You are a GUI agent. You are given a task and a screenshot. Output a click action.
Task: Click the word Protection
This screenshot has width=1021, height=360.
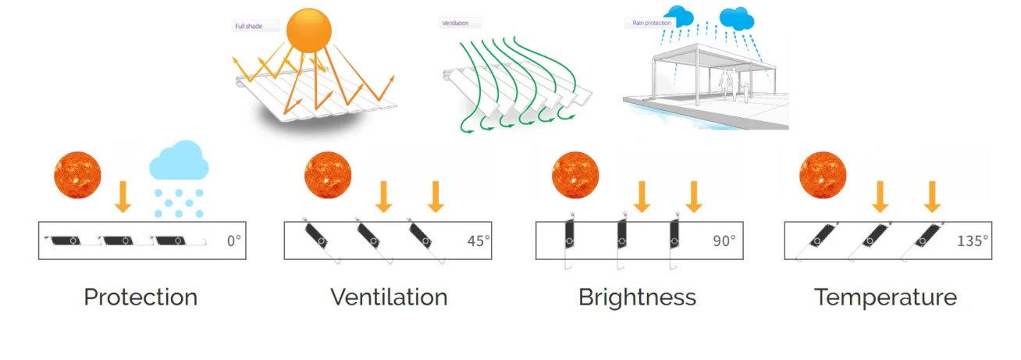pos(141,298)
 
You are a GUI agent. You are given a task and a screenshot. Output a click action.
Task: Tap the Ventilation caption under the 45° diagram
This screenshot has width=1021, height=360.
pos(389,298)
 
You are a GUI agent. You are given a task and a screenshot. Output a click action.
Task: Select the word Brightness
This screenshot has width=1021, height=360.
pos(637,298)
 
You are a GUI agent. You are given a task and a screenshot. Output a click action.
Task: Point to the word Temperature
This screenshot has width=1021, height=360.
pos(886,298)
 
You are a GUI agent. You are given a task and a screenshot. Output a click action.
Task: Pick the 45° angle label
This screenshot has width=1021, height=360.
pos(478,241)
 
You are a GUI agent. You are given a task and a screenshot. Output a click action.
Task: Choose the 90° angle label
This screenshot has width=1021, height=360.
pos(724,241)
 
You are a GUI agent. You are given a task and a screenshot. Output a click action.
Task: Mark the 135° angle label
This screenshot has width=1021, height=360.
pos(973,241)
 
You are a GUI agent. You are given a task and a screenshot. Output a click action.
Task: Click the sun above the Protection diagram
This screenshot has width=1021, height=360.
pos(78,175)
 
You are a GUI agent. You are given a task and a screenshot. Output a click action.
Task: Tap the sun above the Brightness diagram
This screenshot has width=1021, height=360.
pos(575,175)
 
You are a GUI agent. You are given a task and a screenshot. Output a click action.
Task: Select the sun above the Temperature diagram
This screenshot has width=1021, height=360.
pos(823,175)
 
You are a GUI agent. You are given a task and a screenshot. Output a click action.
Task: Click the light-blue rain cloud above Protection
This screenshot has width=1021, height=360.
pos(179,162)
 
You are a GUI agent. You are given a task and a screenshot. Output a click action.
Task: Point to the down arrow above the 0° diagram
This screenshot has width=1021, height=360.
pos(123,196)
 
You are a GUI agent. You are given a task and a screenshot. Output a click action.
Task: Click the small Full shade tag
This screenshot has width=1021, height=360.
pos(247,27)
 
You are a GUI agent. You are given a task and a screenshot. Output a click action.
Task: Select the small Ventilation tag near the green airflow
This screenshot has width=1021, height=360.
pos(457,23)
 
